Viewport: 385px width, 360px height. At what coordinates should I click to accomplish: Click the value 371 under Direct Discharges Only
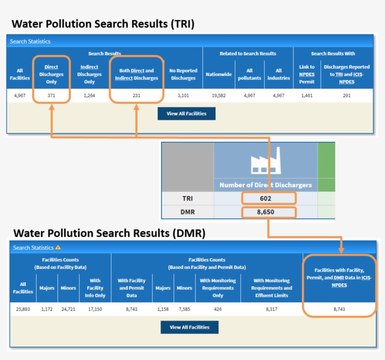(51, 95)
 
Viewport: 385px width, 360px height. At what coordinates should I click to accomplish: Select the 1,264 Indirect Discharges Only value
(89, 95)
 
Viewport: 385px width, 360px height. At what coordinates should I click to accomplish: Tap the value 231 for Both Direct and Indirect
(136, 95)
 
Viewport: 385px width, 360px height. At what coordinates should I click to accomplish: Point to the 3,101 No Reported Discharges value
(183, 95)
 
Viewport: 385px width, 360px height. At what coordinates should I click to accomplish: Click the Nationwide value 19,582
(218, 95)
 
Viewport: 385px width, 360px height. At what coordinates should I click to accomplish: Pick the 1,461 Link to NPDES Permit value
(307, 95)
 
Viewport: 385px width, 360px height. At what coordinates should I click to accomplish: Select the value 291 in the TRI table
(346, 95)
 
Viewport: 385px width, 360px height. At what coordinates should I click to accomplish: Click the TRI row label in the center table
(187, 199)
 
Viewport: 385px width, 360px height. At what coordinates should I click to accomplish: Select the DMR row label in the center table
(187, 213)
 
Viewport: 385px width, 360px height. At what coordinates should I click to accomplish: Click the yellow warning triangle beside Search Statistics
(58, 247)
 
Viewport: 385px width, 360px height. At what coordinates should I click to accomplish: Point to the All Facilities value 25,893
(23, 309)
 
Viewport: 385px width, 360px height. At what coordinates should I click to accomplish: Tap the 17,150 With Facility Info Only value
(95, 309)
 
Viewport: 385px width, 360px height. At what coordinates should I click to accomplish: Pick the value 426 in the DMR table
(217, 309)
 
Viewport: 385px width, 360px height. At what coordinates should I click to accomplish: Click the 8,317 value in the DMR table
(271, 309)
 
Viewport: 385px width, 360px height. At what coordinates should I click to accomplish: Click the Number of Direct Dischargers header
(265, 185)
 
